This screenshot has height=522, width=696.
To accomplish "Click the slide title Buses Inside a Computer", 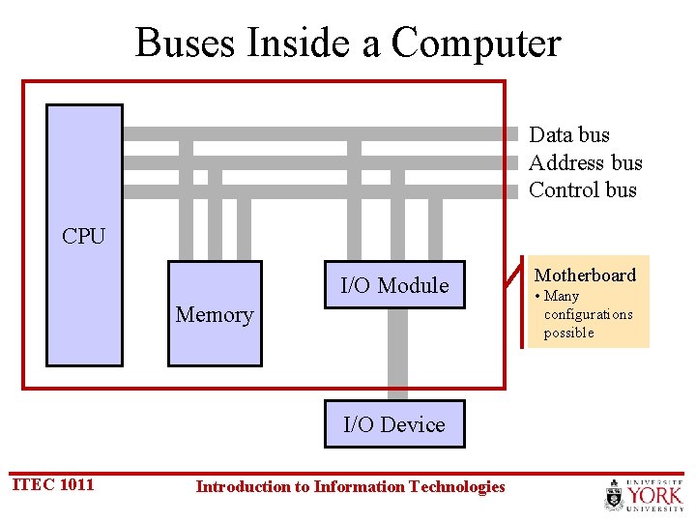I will (x=348, y=43).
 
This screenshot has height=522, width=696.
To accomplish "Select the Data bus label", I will (x=569, y=135).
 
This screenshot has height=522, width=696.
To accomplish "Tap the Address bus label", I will (x=585, y=162).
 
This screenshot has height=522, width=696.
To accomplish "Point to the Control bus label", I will (x=583, y=189).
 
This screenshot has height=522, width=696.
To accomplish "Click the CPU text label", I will (x=83, y=236).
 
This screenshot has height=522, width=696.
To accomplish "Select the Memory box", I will (x=215, y=314).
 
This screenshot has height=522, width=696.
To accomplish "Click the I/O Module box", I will (x=394, y=285).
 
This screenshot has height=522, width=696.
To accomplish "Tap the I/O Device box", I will (x=394, y=424).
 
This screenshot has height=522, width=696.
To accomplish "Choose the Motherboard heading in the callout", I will (x=586, y=275).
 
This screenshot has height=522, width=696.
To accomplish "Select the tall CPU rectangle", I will (x=85, y=309).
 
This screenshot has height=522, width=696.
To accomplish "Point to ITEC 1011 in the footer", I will (x=52, y=484).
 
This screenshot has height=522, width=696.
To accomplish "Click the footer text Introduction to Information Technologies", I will (x=350, y=486).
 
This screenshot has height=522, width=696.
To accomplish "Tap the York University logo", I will (x=644, y=495).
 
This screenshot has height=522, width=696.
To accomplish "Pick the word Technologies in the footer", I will (x=454, y=486).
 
